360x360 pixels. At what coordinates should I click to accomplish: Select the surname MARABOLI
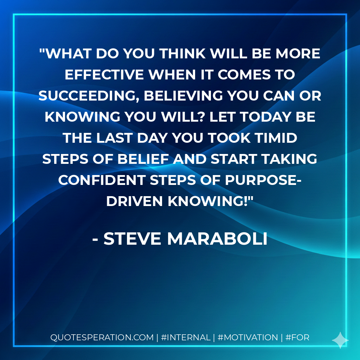(x=217, y=239)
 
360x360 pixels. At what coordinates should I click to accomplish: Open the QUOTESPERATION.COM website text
(x=102, y=337)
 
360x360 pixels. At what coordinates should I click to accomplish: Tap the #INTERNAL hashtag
(x=185, y=337)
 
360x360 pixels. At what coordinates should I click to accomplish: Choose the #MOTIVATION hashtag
(x=247, y=337)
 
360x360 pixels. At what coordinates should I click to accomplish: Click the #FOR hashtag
(x=297, y=337)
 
